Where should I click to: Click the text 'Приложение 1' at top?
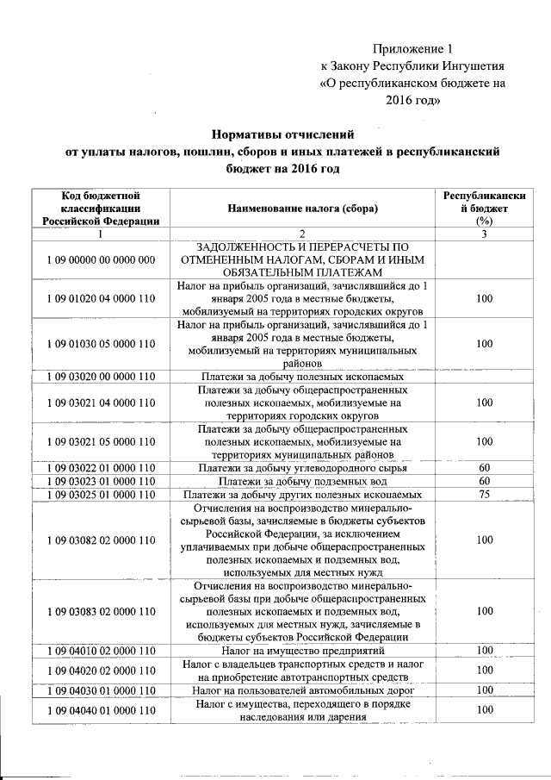tap(412, 48)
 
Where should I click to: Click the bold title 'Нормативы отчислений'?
tap(283, 134)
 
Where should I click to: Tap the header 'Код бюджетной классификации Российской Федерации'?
tap(101, 209)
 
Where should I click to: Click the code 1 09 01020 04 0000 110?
tap(101, 298)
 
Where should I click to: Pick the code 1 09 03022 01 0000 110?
tap(101, 468)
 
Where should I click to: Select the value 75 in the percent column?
tap(484, 495)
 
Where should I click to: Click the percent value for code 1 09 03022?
tap(484, 468)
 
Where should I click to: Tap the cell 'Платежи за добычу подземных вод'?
tap(302, 481)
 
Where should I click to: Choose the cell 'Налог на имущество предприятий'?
tap(302, 650)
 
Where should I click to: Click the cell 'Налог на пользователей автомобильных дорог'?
tap(302, 690)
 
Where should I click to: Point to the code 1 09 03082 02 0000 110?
tap(101, 540)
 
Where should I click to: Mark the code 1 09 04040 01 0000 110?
tap(101, 710)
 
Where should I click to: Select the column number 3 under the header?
tap(484, 234)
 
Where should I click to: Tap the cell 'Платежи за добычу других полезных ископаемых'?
tap(302, 495)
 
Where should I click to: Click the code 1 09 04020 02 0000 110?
tap(101, 670)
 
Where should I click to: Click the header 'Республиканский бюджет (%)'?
tap(484, 209)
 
